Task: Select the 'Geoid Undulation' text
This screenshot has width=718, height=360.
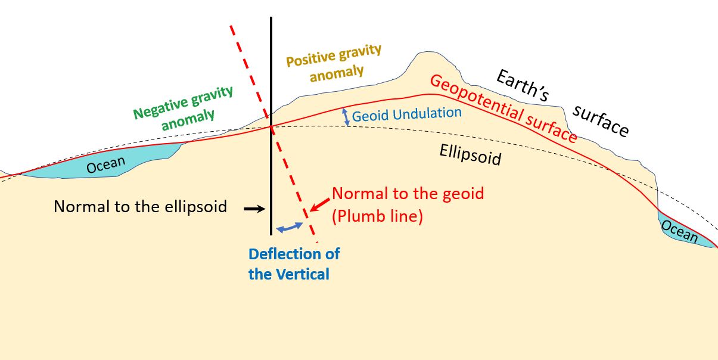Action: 406,113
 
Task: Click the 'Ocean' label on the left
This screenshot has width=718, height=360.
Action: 106,165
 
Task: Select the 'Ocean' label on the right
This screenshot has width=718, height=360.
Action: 679,231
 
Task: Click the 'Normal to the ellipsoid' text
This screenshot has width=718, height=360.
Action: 141,207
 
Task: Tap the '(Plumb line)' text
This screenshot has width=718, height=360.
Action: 377,216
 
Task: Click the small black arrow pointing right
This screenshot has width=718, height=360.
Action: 253,209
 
